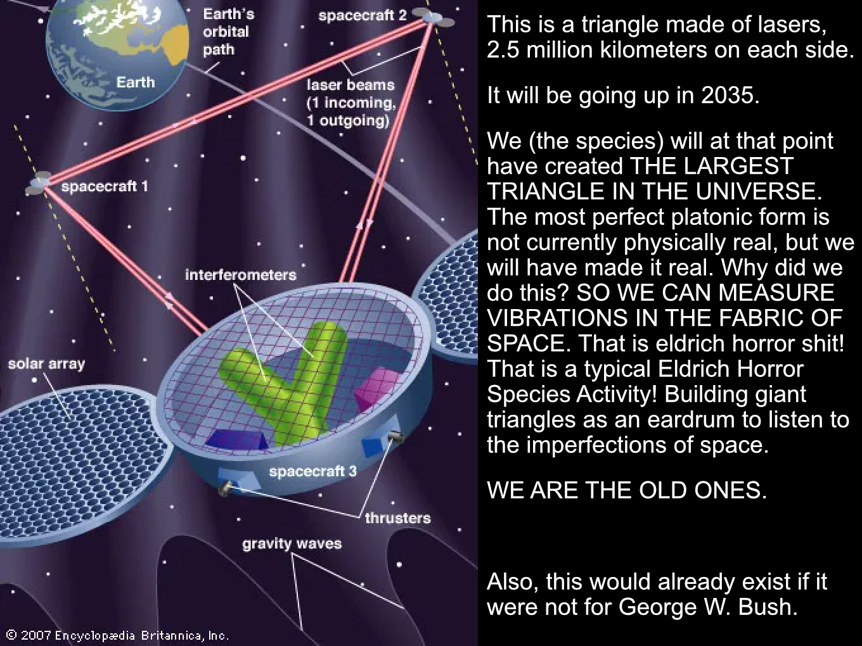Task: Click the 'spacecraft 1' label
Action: coord(105,186)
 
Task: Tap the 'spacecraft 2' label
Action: coord(363,16)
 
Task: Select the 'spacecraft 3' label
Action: coord(313,471)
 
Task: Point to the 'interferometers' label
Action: coord(241,275)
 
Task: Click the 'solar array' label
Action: coord(46,364)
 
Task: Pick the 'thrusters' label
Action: coord(398,518)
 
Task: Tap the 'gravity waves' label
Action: coord(292,543)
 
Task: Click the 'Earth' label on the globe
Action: coord(136,82)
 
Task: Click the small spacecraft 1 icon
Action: coord(38,183)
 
